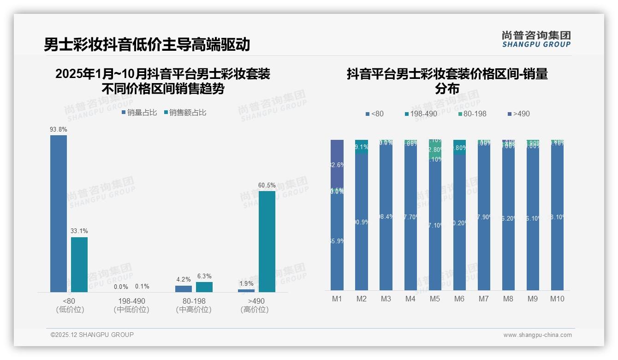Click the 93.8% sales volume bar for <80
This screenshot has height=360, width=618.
tap(59, 213)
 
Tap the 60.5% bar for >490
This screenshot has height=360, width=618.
tap(267, 241)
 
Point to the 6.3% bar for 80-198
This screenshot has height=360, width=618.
tap(204, 287)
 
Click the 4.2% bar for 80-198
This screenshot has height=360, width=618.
tap(184, 289)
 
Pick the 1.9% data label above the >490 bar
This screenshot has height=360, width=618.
tap(246, 284)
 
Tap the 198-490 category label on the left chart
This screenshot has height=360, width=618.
tap(131, 301)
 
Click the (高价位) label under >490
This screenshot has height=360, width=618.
tap(255, 310)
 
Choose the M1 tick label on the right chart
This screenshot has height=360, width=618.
tap(337, 299)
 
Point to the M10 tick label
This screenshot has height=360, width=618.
tap(557, 299)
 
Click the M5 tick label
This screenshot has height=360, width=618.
tap(435, 299)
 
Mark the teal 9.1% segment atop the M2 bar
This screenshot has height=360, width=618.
tap(362, 147)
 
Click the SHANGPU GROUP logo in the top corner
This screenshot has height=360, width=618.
tap(536, 39)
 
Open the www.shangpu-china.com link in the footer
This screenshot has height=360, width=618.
tap(537, 335)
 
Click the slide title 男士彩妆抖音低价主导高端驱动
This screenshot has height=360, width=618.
tap(147, 44)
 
